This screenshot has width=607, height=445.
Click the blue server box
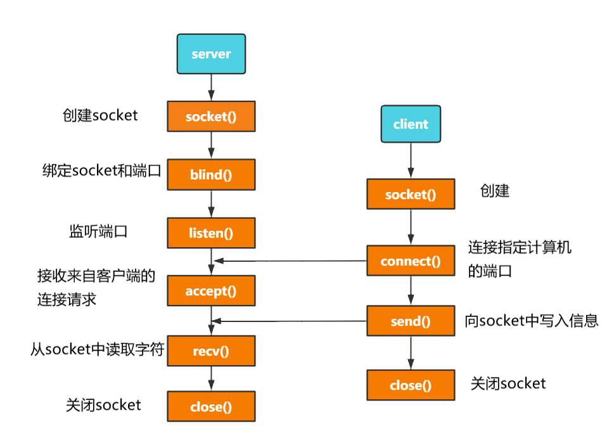point(211,54)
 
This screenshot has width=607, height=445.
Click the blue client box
point(411,124)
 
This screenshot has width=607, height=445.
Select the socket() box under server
point(211,117)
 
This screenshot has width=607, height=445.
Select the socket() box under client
point(411,194)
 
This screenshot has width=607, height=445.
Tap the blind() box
point(211,175)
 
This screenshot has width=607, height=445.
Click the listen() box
point(211,233)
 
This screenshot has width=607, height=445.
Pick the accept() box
point(211,291)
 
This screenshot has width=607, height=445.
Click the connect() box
point(411,261)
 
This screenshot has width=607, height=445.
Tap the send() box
point(411,321)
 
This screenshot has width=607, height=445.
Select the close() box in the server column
point(211,407)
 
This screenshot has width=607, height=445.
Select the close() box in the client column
point(411,385)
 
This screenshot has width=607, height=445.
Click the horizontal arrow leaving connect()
point(291,261)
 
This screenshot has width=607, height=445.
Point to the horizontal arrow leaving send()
point(291,320)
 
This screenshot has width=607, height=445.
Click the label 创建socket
point(100,116)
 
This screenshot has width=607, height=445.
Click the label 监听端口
point(98,231)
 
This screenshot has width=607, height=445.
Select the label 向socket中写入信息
point(532,320)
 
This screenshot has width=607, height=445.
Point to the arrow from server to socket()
point(211,87)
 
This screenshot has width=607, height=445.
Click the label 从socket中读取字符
point(98,349)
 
